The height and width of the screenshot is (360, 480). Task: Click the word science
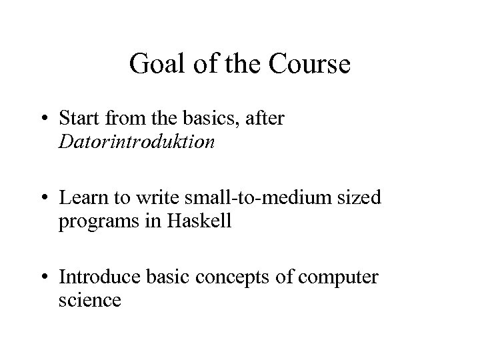coord(89,300)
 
